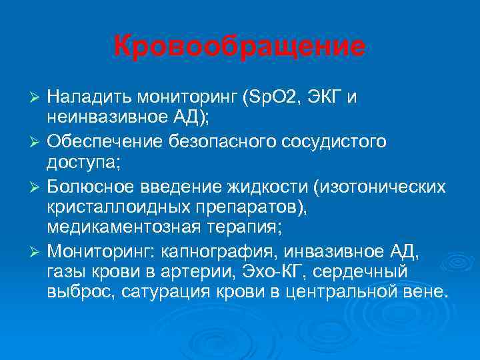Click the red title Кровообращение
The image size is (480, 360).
coord(239,47)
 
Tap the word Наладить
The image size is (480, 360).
coord(87,98)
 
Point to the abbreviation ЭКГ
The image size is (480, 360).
coord(325,98)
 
